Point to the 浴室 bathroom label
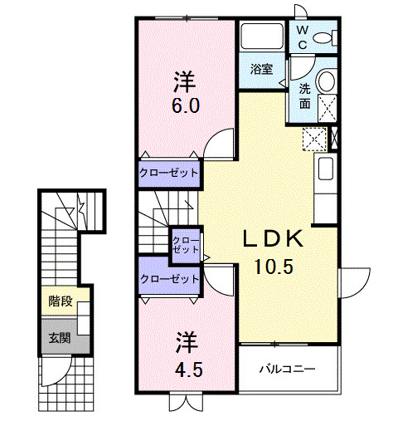(262, 69)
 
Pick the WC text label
(303, 36)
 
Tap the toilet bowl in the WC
(329, 37)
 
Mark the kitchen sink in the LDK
(327, 169)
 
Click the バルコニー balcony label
(287, 368)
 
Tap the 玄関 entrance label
(58, 337)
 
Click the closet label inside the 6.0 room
(169, 173)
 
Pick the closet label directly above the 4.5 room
(169, 279)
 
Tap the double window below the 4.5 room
(184, 402)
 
